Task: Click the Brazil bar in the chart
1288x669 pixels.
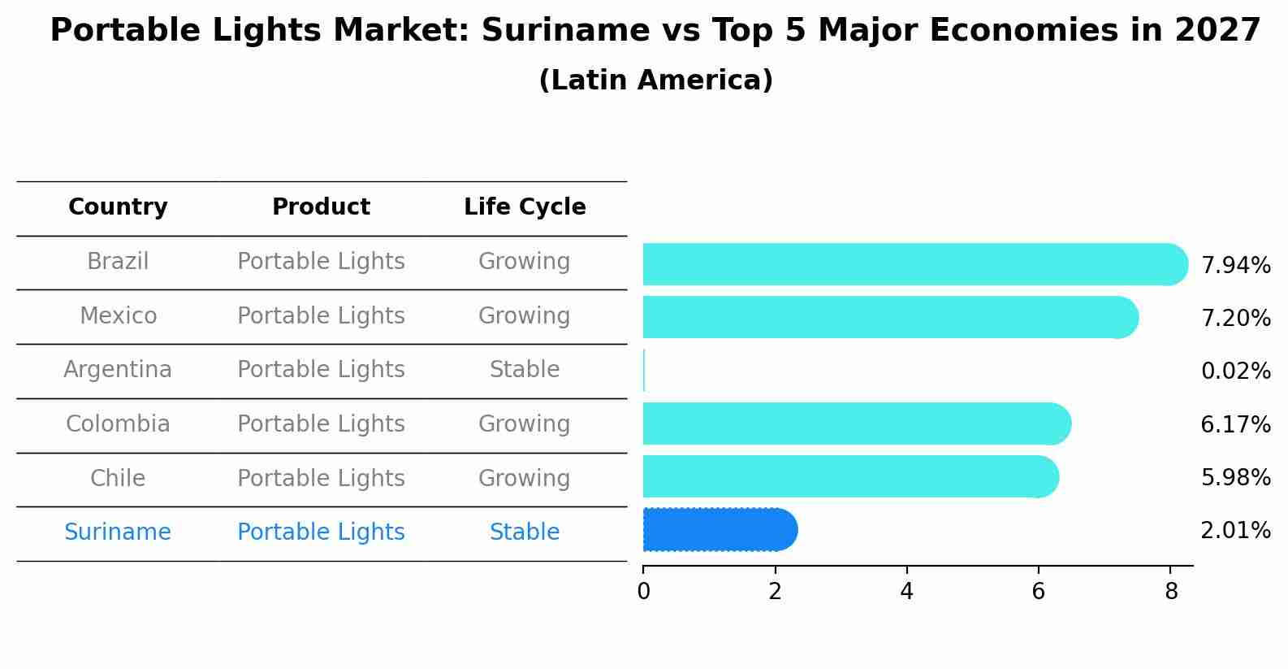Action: [x=914, y=264]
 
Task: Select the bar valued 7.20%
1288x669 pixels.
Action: [x=889, y=317]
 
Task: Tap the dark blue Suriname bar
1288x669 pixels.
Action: [x=719, y=530]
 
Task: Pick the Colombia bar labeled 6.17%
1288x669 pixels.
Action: [x=856, y=424]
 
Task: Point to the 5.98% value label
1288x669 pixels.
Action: [x=1235, y=477]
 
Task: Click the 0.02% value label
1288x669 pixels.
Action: [x=1235, y=371]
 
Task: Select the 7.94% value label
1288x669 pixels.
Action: [x=1235, y=266]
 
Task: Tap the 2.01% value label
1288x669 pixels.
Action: [x=1235, y=531]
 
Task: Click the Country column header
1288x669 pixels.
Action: [x=118, y=207]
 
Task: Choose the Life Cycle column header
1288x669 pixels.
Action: [x=525, y=207]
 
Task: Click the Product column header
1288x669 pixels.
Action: [x=321, y=207]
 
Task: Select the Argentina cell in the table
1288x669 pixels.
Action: [x=118, y=370]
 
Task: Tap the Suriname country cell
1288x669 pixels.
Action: [x=118, y=532]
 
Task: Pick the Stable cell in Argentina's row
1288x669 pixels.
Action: [x=525, y=370]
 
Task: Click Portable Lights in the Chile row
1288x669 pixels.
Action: [x=321, y=478]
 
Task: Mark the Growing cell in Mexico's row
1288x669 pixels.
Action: [x=525, y=315]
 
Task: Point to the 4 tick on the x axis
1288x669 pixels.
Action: [x=906, y=591]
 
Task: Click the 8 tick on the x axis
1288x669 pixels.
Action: [x=1170, y=591]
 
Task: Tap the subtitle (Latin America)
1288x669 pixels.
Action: [x=655, y=80]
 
